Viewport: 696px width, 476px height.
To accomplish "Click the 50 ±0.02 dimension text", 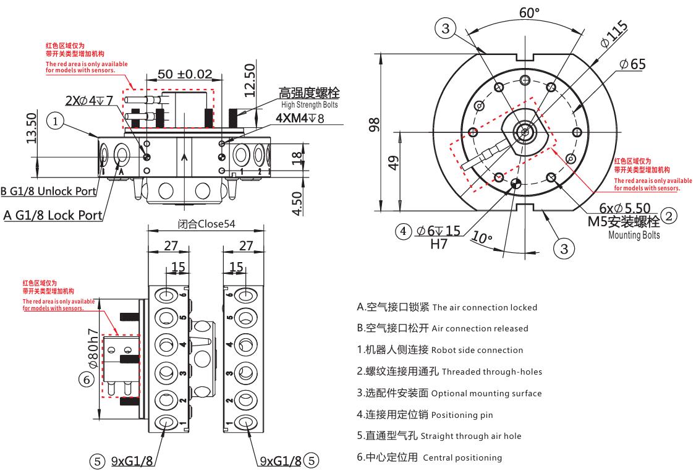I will pyautogui.click(x=185, y=74).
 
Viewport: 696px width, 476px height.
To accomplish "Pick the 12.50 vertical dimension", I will pyautogui.click(x=250, y=80).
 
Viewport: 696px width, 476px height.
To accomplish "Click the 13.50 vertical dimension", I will pyautogui.click(x=32, y=127).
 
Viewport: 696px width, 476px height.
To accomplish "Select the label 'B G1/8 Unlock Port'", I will pyautogui.click(x=49, y=192).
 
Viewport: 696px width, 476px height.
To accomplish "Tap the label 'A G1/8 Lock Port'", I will pyautogui.click(x=53, y=215).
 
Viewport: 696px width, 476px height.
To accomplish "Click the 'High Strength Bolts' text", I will pyautogui.click(x=309, y=105).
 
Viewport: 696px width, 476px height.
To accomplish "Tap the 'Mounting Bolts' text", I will pyautogui.click(x=634, y=235).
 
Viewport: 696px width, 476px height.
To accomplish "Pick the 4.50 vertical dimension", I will pyautogui.click(x=298, y=203).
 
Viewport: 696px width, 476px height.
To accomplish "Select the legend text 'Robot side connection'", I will pyautogui.click(x=477, y=350).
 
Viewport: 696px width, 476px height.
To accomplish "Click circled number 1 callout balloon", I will pyautogui.click(x=56, y=122).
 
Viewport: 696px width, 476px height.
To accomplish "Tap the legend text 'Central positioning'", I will pyautogui.click(x=462, y=458).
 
